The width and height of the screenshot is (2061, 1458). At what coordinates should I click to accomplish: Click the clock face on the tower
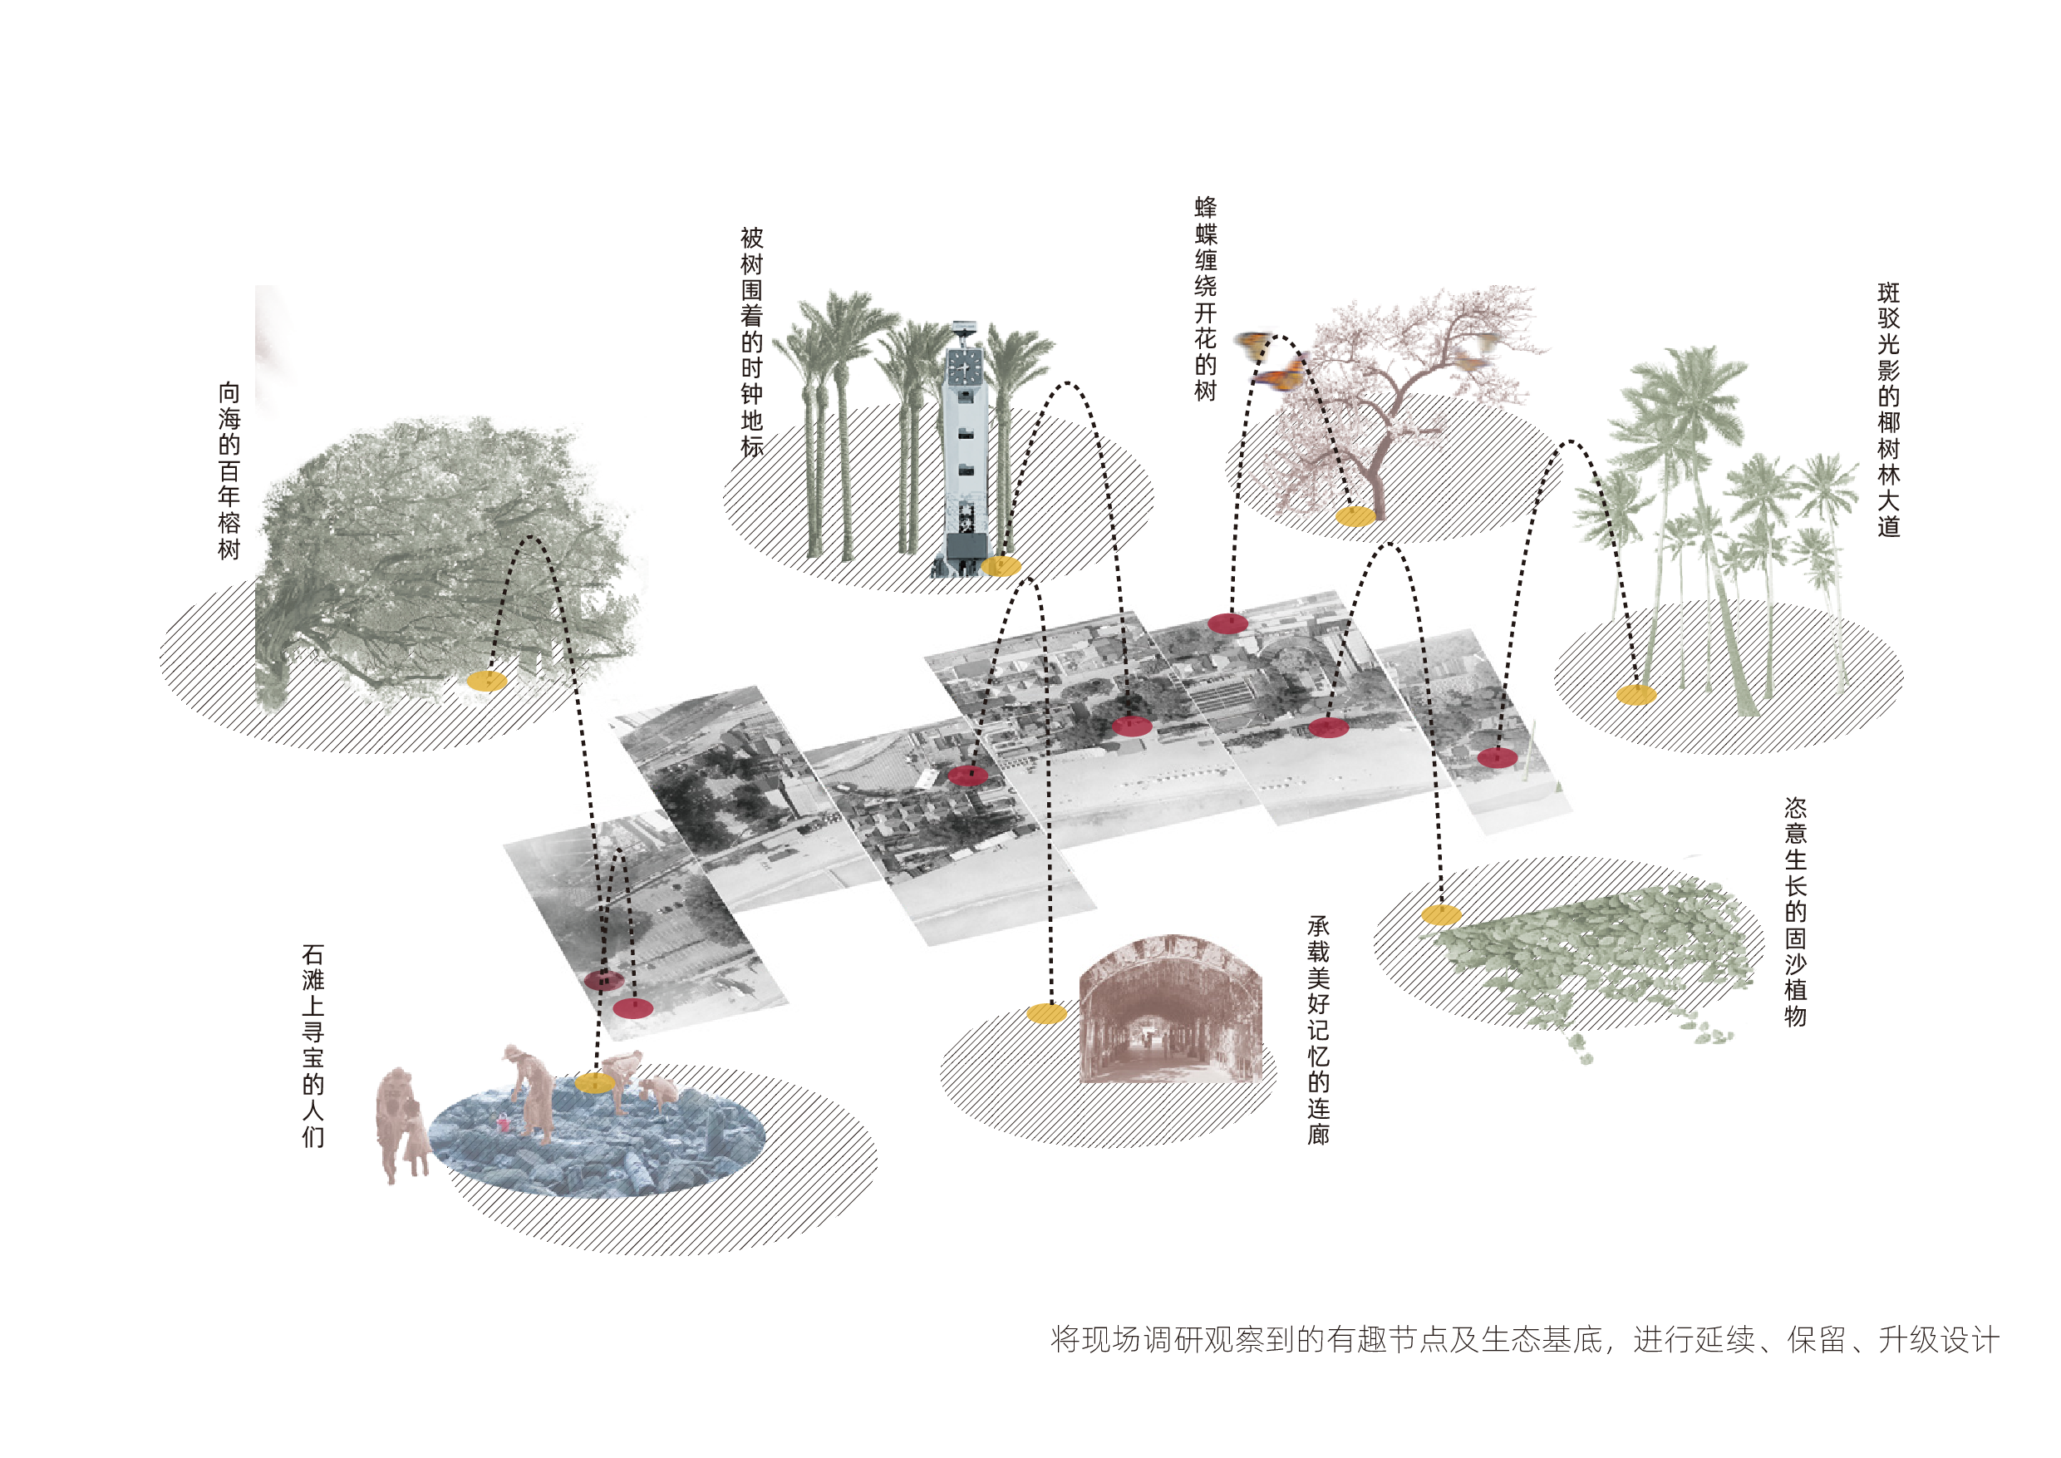tap(965, 367)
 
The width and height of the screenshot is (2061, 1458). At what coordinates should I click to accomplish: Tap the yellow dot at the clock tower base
tap(1001, 565)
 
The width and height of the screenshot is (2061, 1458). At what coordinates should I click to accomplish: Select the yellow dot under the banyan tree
tap(486, 681)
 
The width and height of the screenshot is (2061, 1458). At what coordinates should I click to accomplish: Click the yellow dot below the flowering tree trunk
tap(1355, 516)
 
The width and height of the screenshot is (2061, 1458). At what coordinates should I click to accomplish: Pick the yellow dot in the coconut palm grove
tap(1636, 695)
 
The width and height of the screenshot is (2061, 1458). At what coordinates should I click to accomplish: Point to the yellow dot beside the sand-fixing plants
tap(1441, 915)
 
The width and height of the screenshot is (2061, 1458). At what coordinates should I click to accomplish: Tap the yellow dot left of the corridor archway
tap(1046, 1013)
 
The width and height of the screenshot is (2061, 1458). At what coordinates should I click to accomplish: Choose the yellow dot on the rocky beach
tap(594, 1083)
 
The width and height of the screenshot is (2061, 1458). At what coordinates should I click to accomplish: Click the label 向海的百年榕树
tap(230, 471)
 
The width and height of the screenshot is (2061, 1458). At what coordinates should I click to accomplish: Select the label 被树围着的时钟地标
tap(752, 342)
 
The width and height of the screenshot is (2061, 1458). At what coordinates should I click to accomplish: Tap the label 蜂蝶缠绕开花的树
tap(1206, 299)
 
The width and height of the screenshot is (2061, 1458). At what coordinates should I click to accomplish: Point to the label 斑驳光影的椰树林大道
tap(1889, 410)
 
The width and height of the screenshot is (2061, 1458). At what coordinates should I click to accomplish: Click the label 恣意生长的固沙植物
tap(1795, 912)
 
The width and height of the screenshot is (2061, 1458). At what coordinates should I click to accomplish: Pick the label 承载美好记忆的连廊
tap(1319, 1030)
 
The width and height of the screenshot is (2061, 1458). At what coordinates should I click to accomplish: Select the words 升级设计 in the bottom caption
tap(1939, 1341)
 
